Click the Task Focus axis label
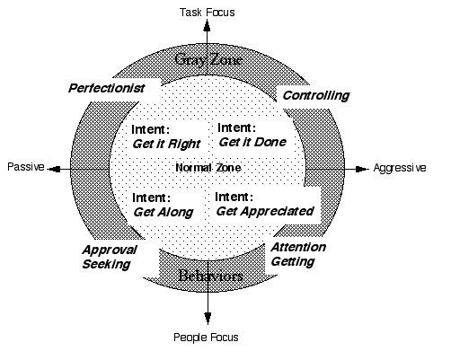pos(207,13)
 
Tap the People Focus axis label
pos(206,338)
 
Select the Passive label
pos(26,167)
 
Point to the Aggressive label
pos(400,168)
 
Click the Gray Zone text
pos(208,59)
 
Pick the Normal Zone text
pos(208,168)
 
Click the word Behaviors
pos(210,276)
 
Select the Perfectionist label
pos(107,88)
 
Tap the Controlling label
pos(316,96)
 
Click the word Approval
pos(110,250)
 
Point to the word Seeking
pos(106,264)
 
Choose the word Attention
pos(298,248)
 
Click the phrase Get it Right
pos(166,144)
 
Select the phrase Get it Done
pos(252,142)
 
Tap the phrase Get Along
pos(164,212)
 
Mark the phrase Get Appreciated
pos(265,211)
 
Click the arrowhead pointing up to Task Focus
pos(207,25)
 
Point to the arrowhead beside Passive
pos(55,170)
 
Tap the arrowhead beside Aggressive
pos(362,169)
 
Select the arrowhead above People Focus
pos(208,318)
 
